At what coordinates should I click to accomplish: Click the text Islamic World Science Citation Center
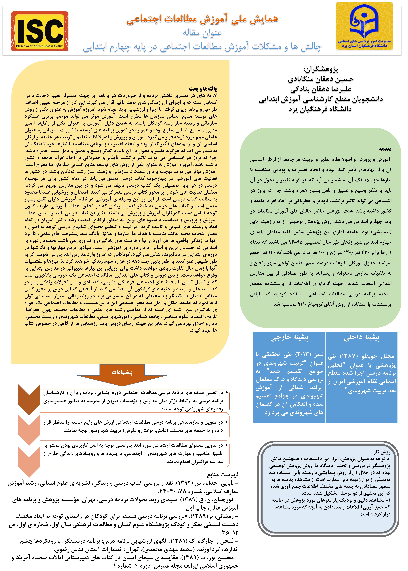(39, 46)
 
